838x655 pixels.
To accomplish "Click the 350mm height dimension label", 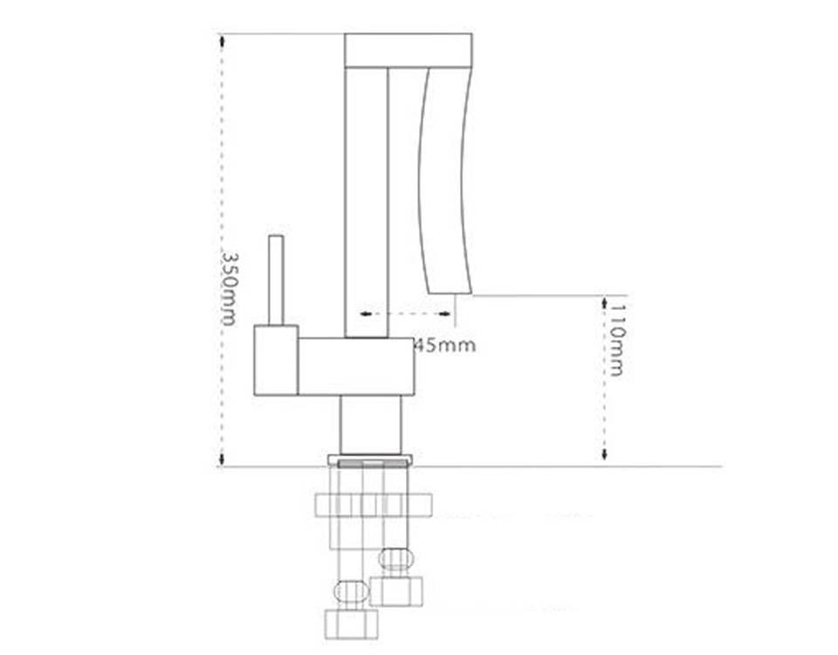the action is point(229,289).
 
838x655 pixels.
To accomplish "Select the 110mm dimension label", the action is point(616,340).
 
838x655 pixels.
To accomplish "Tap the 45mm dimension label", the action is point(445,346).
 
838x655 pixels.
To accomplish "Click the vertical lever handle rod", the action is point(277,280).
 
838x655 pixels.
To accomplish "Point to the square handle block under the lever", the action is point(276,361).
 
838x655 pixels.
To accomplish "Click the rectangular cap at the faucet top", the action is point(409,51).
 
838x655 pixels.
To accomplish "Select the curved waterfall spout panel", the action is point(445,181).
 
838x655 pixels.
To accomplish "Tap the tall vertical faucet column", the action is point(367,203).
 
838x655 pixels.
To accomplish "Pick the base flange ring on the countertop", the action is point(371,461).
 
